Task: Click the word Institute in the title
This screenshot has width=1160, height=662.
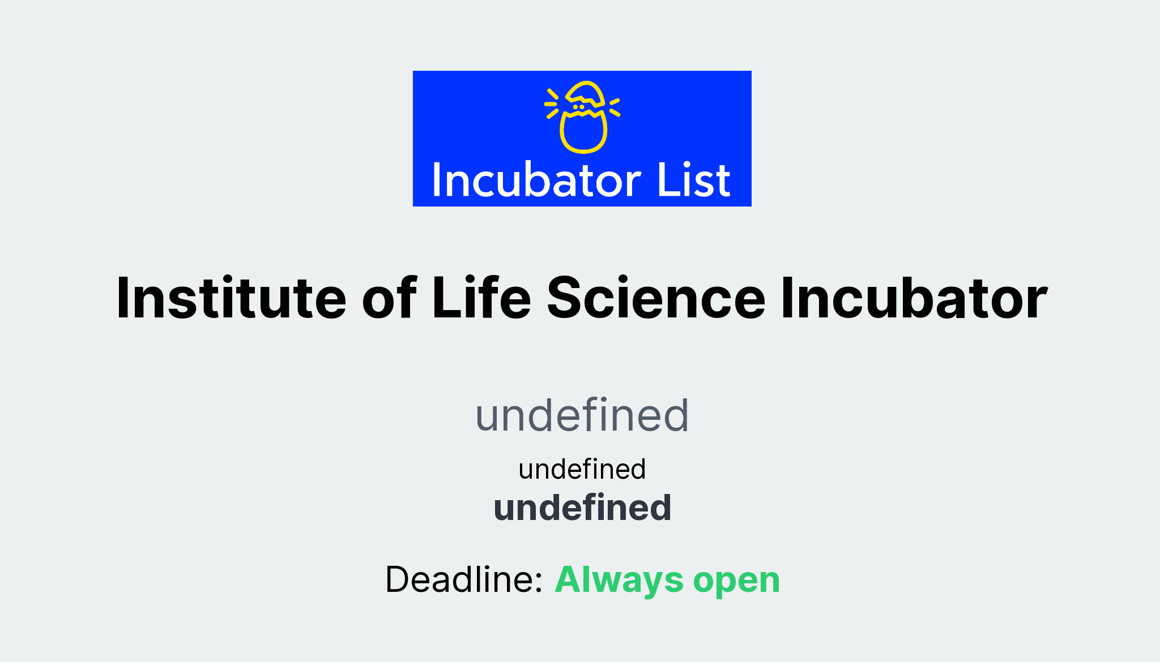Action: (231, 298)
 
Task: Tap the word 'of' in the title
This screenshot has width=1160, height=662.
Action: (389, 298)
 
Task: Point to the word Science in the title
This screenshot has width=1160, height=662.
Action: (656, 298)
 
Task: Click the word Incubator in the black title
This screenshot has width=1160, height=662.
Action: (914, 298)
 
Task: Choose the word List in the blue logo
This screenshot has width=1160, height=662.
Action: (694, 181)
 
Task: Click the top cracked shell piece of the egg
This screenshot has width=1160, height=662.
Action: (586, 93)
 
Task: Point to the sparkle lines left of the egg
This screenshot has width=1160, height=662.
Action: (552, 104)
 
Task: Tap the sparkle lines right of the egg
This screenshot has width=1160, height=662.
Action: (615, 107)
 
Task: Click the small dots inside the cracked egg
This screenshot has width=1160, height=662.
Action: (578, 107)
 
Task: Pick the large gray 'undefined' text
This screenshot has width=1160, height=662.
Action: (582, 416)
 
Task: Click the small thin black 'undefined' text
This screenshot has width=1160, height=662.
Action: (582, 470)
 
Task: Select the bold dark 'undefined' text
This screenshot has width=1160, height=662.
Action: (582, 508)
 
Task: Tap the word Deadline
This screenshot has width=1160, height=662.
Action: (459, 580)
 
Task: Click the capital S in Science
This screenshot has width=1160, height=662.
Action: (567, 298)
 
